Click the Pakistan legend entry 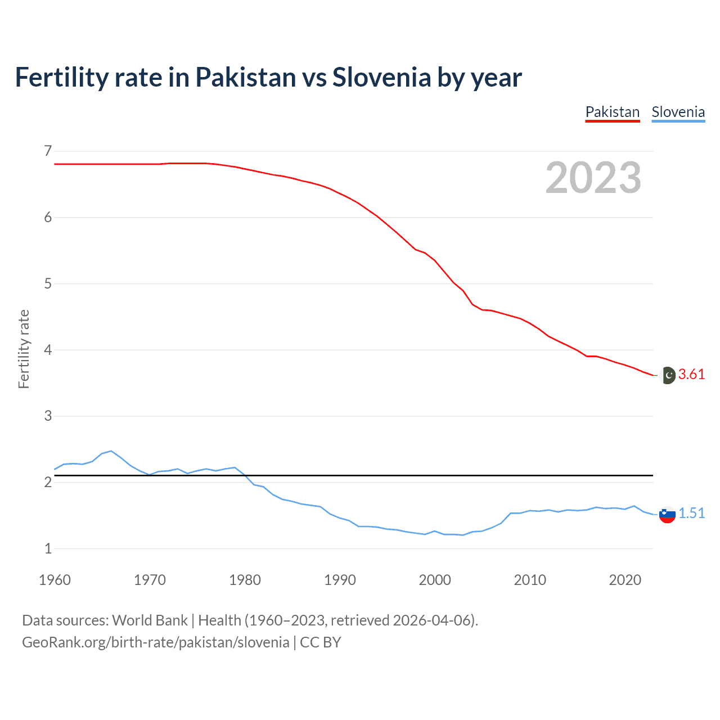pyautogui.click(x=613, y=112)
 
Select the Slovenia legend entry pyautogui.click(x=678, y=112)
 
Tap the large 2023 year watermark pyautogui.click(x=593, y=178)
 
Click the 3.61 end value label pyautogui.click(x=691, y=375)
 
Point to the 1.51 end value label pyautogui.click(x=691, y=513)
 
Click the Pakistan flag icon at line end pyautogui.click(x=668, y=375)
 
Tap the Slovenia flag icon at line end pyautogui.click(x=667, y=514)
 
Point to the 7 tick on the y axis pyautogui.click(x=48, y=151)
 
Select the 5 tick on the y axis pyautogui.click(x=48, y=283)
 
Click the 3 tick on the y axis pyautogui.click(x=48, y=416)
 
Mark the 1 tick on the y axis pyautogui.click(x=48, y=548)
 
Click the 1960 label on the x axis pyautogui.click(x=55, y=580)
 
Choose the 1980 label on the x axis pyautogui.click(x=245, y=580)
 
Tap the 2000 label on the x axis pyautogui.click(x=435, y=580)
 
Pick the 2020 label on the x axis pyautogui.click(x=625, y=580)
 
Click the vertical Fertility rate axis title pyautogui.click(x=24, y=349)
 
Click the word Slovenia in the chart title pyautogui.click(x=381, y=78)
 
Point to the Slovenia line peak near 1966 pyautogui.click(x=111, y=451)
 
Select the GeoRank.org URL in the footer pyautogui.click(x=155, y=642)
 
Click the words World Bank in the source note pyautogui.click(x=150, y=620)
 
